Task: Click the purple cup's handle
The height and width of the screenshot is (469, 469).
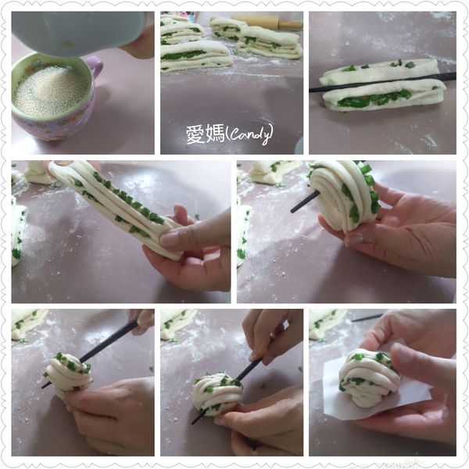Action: tap(96, 68)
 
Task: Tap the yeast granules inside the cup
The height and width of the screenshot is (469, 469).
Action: tap(52, 91)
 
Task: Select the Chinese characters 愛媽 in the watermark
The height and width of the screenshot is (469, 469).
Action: tap(205, 134)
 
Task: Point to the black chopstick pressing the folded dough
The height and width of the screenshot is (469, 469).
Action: tap(382, 81)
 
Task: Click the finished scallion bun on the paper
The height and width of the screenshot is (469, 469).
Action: tap(369, 378)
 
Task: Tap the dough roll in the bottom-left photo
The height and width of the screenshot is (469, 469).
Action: tap(69, 372)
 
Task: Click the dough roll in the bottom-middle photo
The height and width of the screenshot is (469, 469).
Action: tap(217, 394)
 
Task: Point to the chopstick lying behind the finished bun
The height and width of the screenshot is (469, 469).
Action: tap(367, 317)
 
